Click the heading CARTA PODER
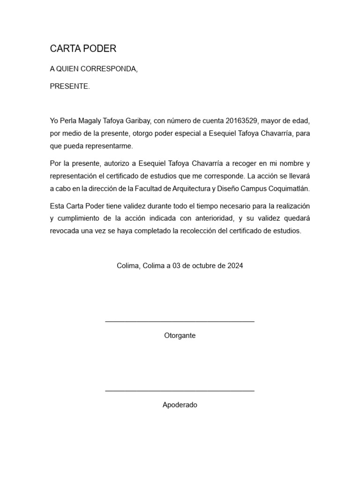click(x=83, y=49)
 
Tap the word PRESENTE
click(x=69, y=86)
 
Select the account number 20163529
click(x=240, y=121)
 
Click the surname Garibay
click(x=136, y=121)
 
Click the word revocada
click(x=65, y=231)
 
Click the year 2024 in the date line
click(x=235, y=266)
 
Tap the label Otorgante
click(x=180, y=336)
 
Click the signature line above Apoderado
click(x=180, y=390)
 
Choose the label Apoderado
click(x=180, y=405)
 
